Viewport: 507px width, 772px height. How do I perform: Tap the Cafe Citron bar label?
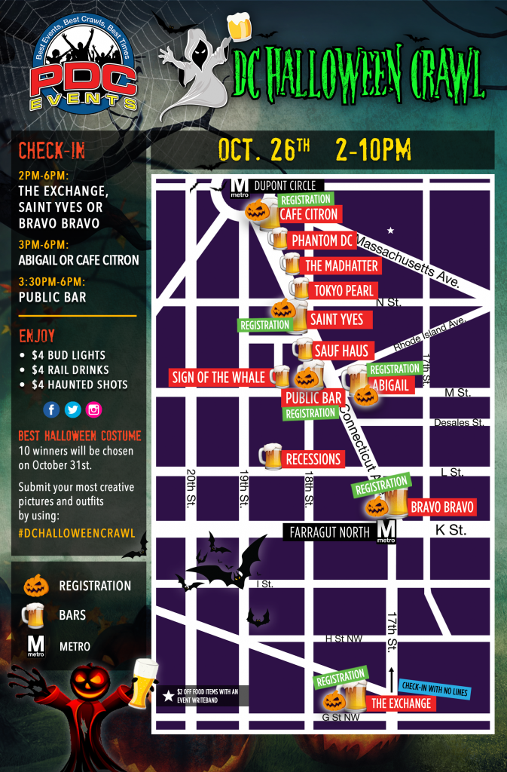(x=310, y=215)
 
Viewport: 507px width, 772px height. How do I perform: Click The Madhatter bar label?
(x=341, y=265)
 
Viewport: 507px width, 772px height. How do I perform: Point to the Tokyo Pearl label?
(x=344, y=290)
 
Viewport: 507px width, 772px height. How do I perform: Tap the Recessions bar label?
(x=313, y=459)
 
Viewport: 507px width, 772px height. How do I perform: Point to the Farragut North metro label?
(x=330, y=532)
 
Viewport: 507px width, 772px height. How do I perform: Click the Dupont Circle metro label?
(x=289, y=185)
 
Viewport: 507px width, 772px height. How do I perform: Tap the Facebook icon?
(x=51, y=409)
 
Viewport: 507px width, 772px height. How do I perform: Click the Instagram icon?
(x=93, y=409)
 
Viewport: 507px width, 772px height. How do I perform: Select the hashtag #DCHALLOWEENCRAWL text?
(x=77, y=533)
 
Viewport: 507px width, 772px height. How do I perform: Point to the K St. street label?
(x=452, y=531)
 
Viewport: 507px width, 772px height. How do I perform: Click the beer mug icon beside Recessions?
(x=270, y=457)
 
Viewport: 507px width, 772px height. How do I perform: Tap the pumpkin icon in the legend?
(x=35, y=586)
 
